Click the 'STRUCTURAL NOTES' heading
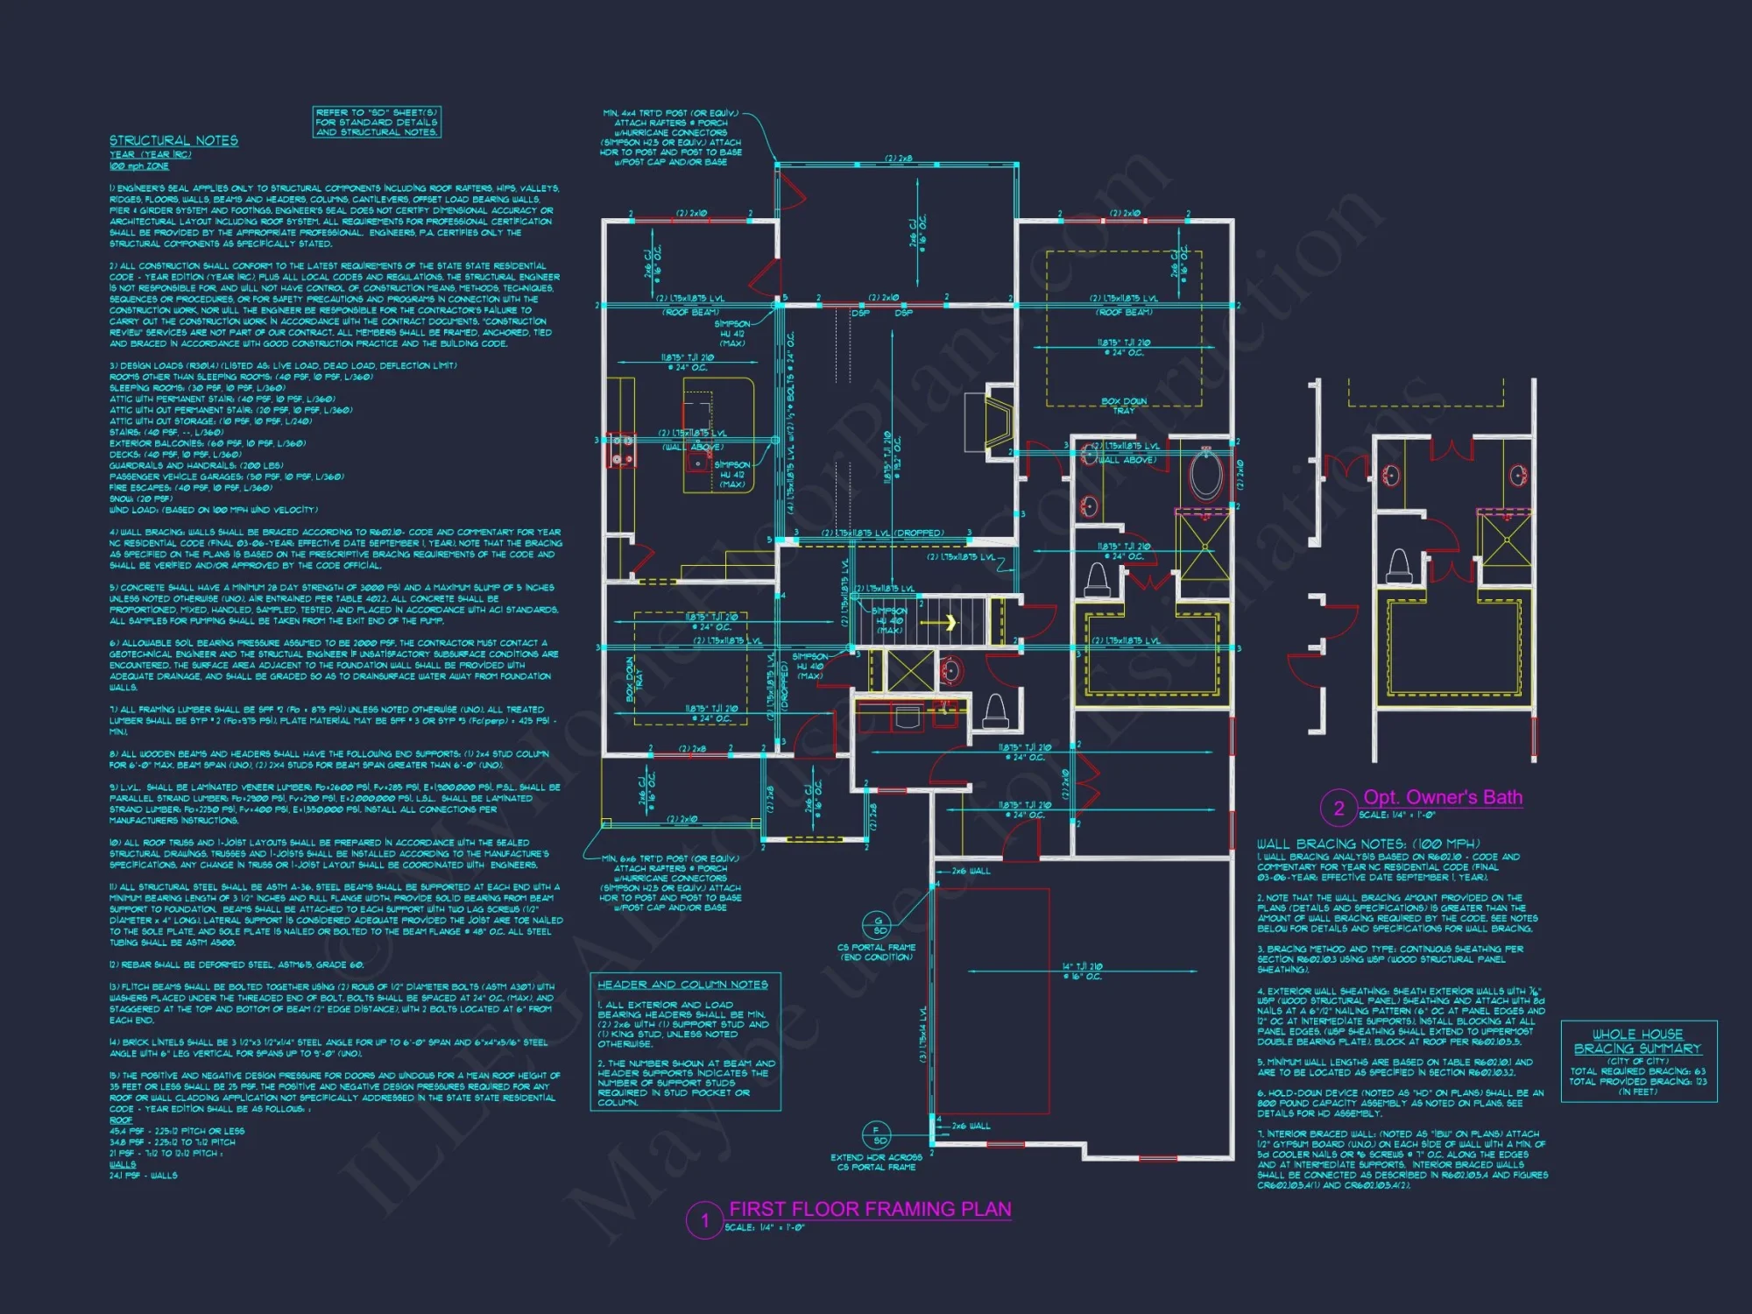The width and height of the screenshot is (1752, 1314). click(173, 140)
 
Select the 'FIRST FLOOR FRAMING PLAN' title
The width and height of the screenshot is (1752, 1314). click(870, 1209)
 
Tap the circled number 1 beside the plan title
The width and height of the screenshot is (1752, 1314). click(704, 1220)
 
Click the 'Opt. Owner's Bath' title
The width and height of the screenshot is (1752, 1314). click(1443, 797)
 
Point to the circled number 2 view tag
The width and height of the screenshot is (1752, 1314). click(1339, 808)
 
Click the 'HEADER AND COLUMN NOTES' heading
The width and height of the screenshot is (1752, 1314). click(682, 985)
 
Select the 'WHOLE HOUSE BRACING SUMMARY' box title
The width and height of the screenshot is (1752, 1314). click(1637, 1042)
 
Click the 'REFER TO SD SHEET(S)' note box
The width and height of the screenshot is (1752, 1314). click(377, 122)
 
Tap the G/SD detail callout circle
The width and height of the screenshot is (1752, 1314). click(877, 924)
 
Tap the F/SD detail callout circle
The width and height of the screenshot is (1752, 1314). click(876, 1134)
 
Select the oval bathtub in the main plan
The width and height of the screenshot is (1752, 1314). click(1205, 474)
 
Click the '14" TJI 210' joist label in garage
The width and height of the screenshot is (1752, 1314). click(1083, 971)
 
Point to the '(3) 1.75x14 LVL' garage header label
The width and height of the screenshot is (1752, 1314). click(923, 1034)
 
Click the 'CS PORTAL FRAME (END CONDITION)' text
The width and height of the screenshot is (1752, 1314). click(876, 952)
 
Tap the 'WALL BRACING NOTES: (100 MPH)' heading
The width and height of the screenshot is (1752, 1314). click(1368, 844)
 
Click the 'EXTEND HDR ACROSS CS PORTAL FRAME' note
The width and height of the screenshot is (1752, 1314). click(876, 1162)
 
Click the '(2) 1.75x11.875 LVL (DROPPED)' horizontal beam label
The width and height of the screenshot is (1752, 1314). click(882, 533)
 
